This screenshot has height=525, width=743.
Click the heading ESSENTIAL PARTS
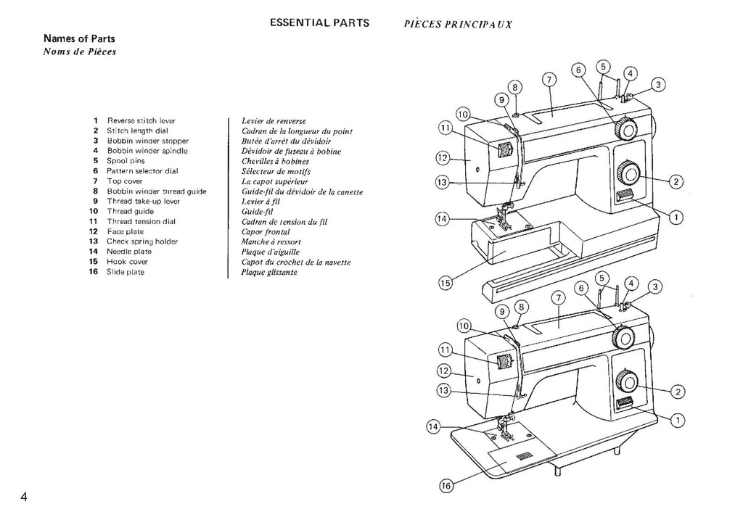[319, 22]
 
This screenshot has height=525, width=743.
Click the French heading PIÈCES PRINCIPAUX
[458, 23]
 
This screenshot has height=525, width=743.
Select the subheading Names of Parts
[79, 38]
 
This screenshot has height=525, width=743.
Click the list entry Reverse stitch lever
[141, 120]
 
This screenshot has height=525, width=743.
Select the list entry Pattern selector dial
[142, 171]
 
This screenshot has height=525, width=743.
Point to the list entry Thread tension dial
[142, 221]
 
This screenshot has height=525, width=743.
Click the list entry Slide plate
[126, 272]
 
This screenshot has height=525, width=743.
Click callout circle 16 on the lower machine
[447, 487]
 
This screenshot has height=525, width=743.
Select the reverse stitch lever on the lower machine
[625, 405]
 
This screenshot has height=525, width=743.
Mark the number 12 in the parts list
[93, 231]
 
